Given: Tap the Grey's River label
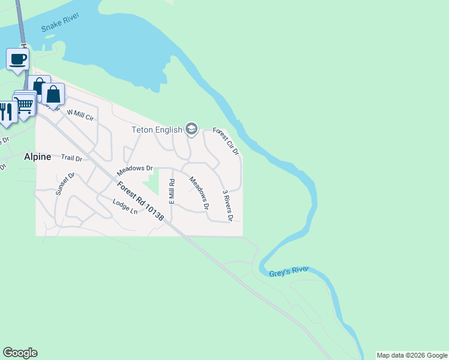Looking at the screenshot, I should [289, 272].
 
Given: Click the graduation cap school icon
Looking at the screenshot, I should [191, 129].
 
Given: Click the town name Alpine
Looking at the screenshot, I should [37, 157].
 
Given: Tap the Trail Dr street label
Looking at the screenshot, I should [71, 158].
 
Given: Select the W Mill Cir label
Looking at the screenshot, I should [80, 114].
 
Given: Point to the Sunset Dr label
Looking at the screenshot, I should [64, 184].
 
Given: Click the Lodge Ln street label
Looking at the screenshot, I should [125, 207].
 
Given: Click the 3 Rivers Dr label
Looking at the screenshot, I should [227, 205].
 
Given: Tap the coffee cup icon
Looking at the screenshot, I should [18, 59].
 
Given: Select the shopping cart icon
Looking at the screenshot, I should [25, 104].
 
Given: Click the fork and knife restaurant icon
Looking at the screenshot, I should [7, 111].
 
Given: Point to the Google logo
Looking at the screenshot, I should [20, 353].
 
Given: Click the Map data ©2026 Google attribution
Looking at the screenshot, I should [412, 355].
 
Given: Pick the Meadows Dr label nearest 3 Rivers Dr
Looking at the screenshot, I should [199, 192].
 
